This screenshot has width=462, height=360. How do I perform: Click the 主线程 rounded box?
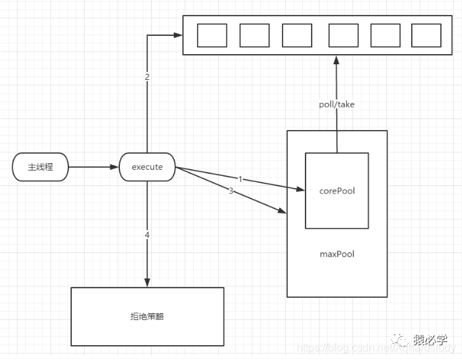40,167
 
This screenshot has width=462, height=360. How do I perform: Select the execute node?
147,167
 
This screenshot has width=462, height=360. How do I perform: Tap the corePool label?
337,191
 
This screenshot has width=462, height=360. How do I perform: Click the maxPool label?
337,254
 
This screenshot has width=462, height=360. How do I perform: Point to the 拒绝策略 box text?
147,316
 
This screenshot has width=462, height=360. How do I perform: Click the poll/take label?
337,105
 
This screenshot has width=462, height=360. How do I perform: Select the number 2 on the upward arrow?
147,76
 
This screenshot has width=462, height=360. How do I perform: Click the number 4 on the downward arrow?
147,235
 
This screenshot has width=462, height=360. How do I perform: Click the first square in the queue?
211,35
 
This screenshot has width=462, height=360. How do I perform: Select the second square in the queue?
254,35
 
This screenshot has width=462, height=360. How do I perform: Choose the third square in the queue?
297,35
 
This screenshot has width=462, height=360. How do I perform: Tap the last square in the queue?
426,35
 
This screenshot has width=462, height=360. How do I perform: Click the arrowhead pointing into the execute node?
114,167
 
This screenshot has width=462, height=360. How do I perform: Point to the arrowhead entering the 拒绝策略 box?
147,282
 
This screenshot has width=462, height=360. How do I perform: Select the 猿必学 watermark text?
432,339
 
